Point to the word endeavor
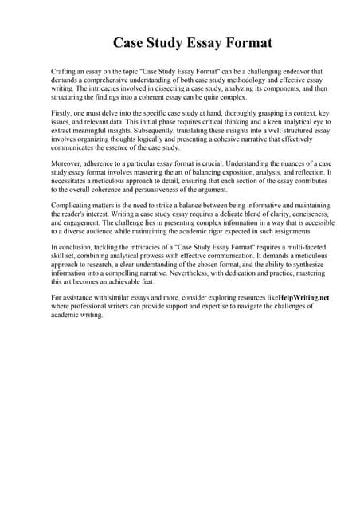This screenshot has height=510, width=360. point(274,72)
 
